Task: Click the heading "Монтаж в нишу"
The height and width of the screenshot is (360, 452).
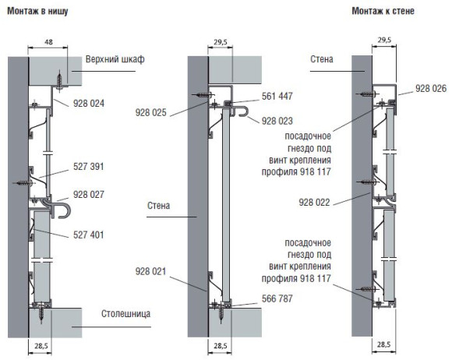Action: click(37, 11)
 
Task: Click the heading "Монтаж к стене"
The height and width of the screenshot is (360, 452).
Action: click(383, 11)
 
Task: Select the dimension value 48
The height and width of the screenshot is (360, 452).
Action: click(49, 42)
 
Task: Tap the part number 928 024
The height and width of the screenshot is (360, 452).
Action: click(89, 103)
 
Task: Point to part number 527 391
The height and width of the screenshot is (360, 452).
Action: click(89, 166)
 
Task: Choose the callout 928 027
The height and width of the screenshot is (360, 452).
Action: click(89, 195)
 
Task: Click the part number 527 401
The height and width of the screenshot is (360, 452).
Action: click(89, 235)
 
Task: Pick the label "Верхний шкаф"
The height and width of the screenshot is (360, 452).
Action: click(115, 59)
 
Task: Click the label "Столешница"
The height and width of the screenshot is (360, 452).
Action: click(125, 313)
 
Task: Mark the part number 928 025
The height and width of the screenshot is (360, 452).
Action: click(150, 112)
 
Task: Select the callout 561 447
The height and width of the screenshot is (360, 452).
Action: click(277, 96)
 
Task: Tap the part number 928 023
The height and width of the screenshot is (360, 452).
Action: click(277, 121)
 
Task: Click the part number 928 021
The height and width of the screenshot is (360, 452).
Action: click(150, 271)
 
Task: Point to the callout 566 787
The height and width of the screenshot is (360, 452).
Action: click(277, 298)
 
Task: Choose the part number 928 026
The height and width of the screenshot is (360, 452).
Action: click(431, 89)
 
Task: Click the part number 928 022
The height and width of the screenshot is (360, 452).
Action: click(314, 203)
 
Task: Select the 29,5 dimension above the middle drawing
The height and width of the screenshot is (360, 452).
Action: click(221, 42)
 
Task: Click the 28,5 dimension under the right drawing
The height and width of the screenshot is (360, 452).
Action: click(383, 344)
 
